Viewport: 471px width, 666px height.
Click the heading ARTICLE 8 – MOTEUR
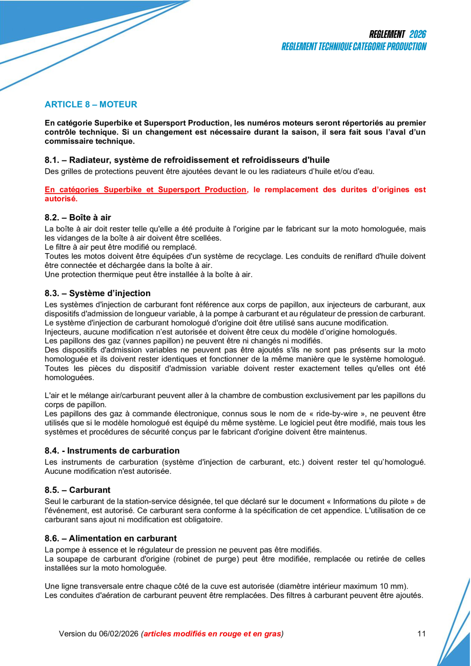[91, 105]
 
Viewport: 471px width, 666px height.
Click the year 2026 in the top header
[418, 34]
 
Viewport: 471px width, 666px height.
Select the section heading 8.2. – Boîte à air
[78, 217]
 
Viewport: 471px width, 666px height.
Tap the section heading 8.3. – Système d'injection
[97, 293]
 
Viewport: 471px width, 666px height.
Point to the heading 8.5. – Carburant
[77, 490]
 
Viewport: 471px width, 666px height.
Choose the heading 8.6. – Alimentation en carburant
[111, 538]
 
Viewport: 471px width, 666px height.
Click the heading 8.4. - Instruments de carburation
[112, 451]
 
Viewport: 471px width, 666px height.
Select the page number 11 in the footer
[421, 634]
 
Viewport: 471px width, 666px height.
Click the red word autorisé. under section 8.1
[61, 198]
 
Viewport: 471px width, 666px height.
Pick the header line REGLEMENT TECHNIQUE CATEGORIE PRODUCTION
[354, 47]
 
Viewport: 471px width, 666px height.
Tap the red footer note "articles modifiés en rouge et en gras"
[212, 634]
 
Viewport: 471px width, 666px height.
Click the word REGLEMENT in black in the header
[387, 34]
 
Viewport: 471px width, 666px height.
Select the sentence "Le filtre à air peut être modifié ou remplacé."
[120, 247]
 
